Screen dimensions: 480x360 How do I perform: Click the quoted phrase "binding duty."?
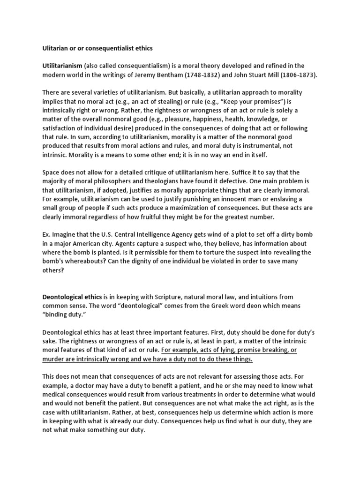(65, 315)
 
